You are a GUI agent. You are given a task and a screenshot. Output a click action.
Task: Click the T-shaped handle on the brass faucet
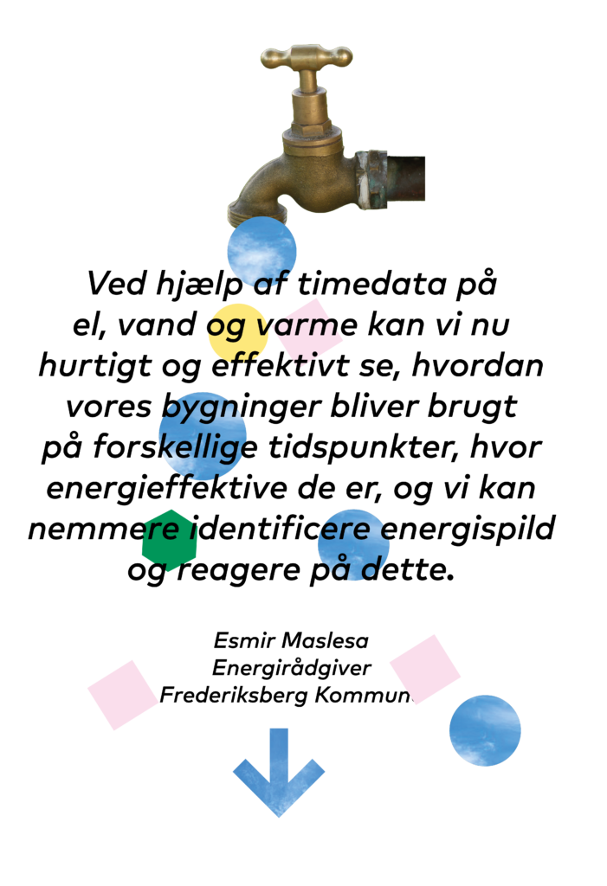(307, 57)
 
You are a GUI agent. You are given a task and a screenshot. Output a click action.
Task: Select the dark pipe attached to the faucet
(405, 179)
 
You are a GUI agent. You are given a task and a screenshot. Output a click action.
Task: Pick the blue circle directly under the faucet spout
(262, 251)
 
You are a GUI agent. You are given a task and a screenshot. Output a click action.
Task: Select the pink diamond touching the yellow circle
(310, 331)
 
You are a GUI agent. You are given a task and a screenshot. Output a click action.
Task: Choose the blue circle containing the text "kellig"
(203, 436)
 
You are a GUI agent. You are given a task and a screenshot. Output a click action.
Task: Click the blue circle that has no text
(485, 730)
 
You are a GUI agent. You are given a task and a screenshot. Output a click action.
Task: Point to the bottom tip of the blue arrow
(278, 815)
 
